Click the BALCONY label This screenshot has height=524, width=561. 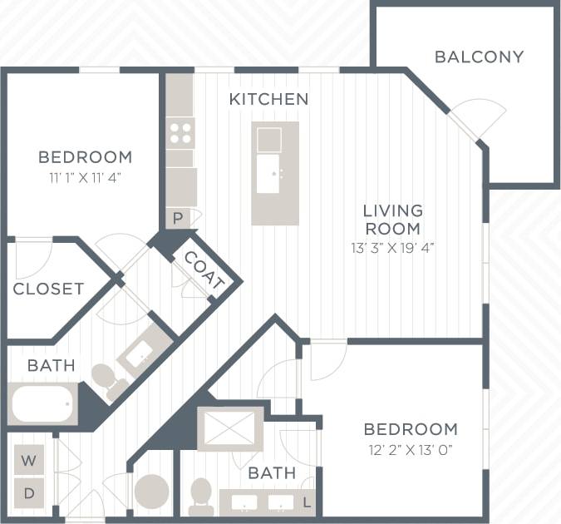[x=479, y=57]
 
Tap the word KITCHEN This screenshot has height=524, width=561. [x=268, y=99]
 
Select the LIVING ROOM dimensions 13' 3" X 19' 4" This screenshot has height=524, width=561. [x=393, y=247]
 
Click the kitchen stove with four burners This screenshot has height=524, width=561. [x=180, y=132]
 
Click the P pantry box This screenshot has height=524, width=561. [x=178, y=218]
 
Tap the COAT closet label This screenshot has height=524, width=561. [x=204, y=271]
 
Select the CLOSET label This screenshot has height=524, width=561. [x=48, y=289]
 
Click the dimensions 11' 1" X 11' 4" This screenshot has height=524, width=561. [x=84, y=176]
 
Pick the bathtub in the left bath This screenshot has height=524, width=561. [x=42, y=404]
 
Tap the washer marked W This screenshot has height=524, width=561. [x=29, y=460]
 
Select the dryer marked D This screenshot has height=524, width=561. [x=29, y=492]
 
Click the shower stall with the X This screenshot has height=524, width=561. [x=230, y=428]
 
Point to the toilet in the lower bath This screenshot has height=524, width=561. [x=200, y=497]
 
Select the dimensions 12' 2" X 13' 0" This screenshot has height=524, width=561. [x=410, y=450]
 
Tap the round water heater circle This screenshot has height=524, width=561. [x=151, y=491]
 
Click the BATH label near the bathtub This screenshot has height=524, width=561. [x=51, y=365]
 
